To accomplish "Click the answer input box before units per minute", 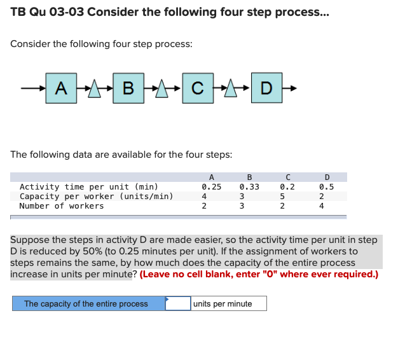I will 178,303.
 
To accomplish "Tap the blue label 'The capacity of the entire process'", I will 86,303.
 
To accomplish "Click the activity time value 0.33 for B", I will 249,187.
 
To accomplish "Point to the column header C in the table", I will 288,177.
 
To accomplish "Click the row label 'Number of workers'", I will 61,206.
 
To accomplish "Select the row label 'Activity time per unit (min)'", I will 88,187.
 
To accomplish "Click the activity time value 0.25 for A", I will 211,187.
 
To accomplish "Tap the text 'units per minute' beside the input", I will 223,303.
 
